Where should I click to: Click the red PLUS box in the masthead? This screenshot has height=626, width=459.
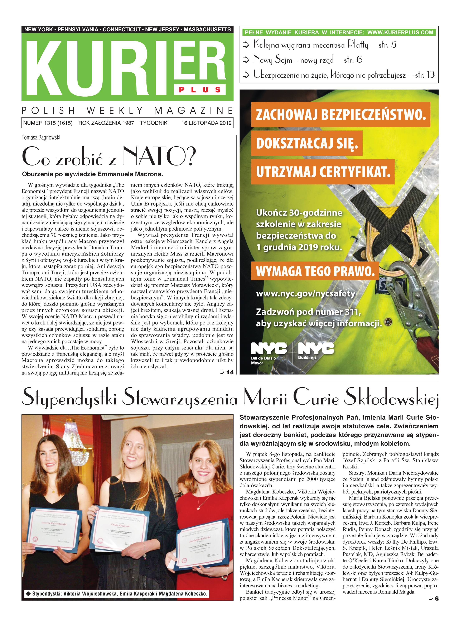(x=199, y=90)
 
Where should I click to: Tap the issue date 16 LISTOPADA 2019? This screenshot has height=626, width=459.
(x=206, y=123)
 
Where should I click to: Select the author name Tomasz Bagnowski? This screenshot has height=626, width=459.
(x=41, y=138)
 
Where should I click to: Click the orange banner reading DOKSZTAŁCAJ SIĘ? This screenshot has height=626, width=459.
(x=307, y=143)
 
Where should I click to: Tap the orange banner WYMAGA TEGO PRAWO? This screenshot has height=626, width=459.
(x=315, y=271)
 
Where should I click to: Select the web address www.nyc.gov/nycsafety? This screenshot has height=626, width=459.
(x=306, y=294)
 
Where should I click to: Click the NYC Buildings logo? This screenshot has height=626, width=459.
(x=316, y=351)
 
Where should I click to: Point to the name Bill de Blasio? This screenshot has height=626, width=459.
(x=263, y=358)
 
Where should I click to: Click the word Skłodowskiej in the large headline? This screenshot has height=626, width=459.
(x=391, y=398)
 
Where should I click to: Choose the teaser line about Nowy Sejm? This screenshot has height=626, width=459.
(x=307, y=60)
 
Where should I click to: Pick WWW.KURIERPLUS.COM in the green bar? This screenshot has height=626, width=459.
(x=400, y=33)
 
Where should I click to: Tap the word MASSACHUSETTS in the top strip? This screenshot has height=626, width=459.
(x=207, y=29)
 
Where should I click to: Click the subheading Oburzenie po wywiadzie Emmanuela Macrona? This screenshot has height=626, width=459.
(x=92, y=174)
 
